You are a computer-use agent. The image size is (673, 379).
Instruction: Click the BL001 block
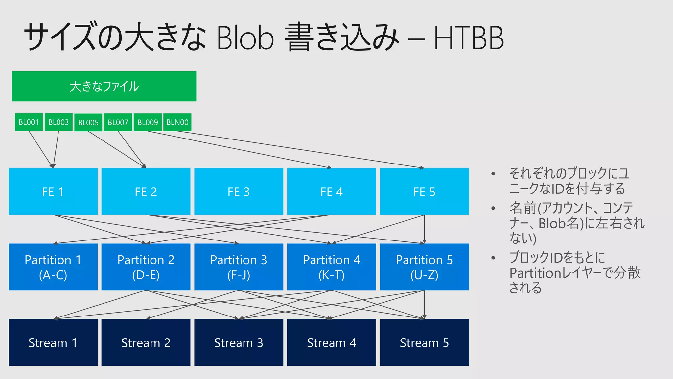pyautogui.click(x=29, y=122)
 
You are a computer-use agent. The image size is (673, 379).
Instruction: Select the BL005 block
pyautogui.click(x=88, y=122)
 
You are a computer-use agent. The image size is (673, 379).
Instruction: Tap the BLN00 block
pyautogui.click(x=177, y=122)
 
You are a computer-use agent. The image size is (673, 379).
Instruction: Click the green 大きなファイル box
pyautogui.click(x=104, y=86)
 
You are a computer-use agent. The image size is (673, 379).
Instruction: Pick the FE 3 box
pyautogui.click(x=239, y=191)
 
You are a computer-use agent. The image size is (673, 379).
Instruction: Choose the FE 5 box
pyautogui.click(x=424, y=191)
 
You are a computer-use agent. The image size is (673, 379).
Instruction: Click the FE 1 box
pyautogui.click(x=53, y=191)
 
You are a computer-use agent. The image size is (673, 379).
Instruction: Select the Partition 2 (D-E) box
pyautogui.click(x=146, y=267)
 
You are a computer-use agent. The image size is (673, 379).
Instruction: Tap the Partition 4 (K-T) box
pyautogui.click(x=331, y=267)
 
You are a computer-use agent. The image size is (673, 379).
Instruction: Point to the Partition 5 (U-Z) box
pyautogui.click(x=424, y=267)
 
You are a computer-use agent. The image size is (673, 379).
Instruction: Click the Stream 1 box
pyautogui.click(x=53, y=342)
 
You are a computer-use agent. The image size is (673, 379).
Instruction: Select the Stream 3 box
pyautogui.click(x=239, y=342)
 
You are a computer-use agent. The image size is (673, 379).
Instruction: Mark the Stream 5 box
pyautogui.click(x=424, y=342)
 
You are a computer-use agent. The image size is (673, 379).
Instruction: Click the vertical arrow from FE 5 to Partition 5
pyautogui.click(x=425, y=229)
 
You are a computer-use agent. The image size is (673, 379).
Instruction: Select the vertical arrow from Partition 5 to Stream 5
pyautogui.click(x=425, y=304)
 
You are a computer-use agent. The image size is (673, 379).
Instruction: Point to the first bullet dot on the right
pyautogui.click(x=493, y=174)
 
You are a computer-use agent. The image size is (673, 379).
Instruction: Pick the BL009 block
pyautogui.click(x=148, y=122)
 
